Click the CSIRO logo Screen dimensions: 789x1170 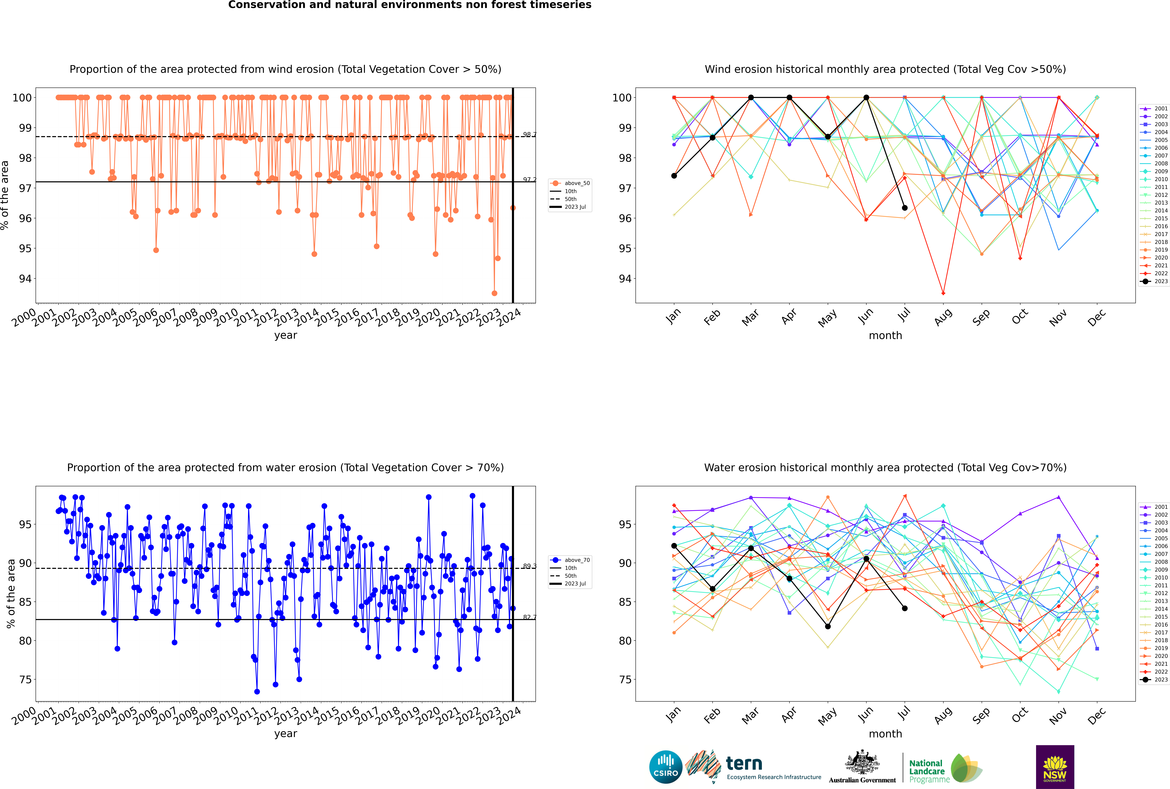tap(665, 767)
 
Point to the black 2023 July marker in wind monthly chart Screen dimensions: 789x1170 tap(904, 208)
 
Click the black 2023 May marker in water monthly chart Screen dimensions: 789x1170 tap(827, 627)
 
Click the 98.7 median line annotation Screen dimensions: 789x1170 tap(529, 135)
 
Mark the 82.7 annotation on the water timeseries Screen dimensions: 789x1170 tap(529, 617)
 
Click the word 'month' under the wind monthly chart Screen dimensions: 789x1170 tap(885, 336)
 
